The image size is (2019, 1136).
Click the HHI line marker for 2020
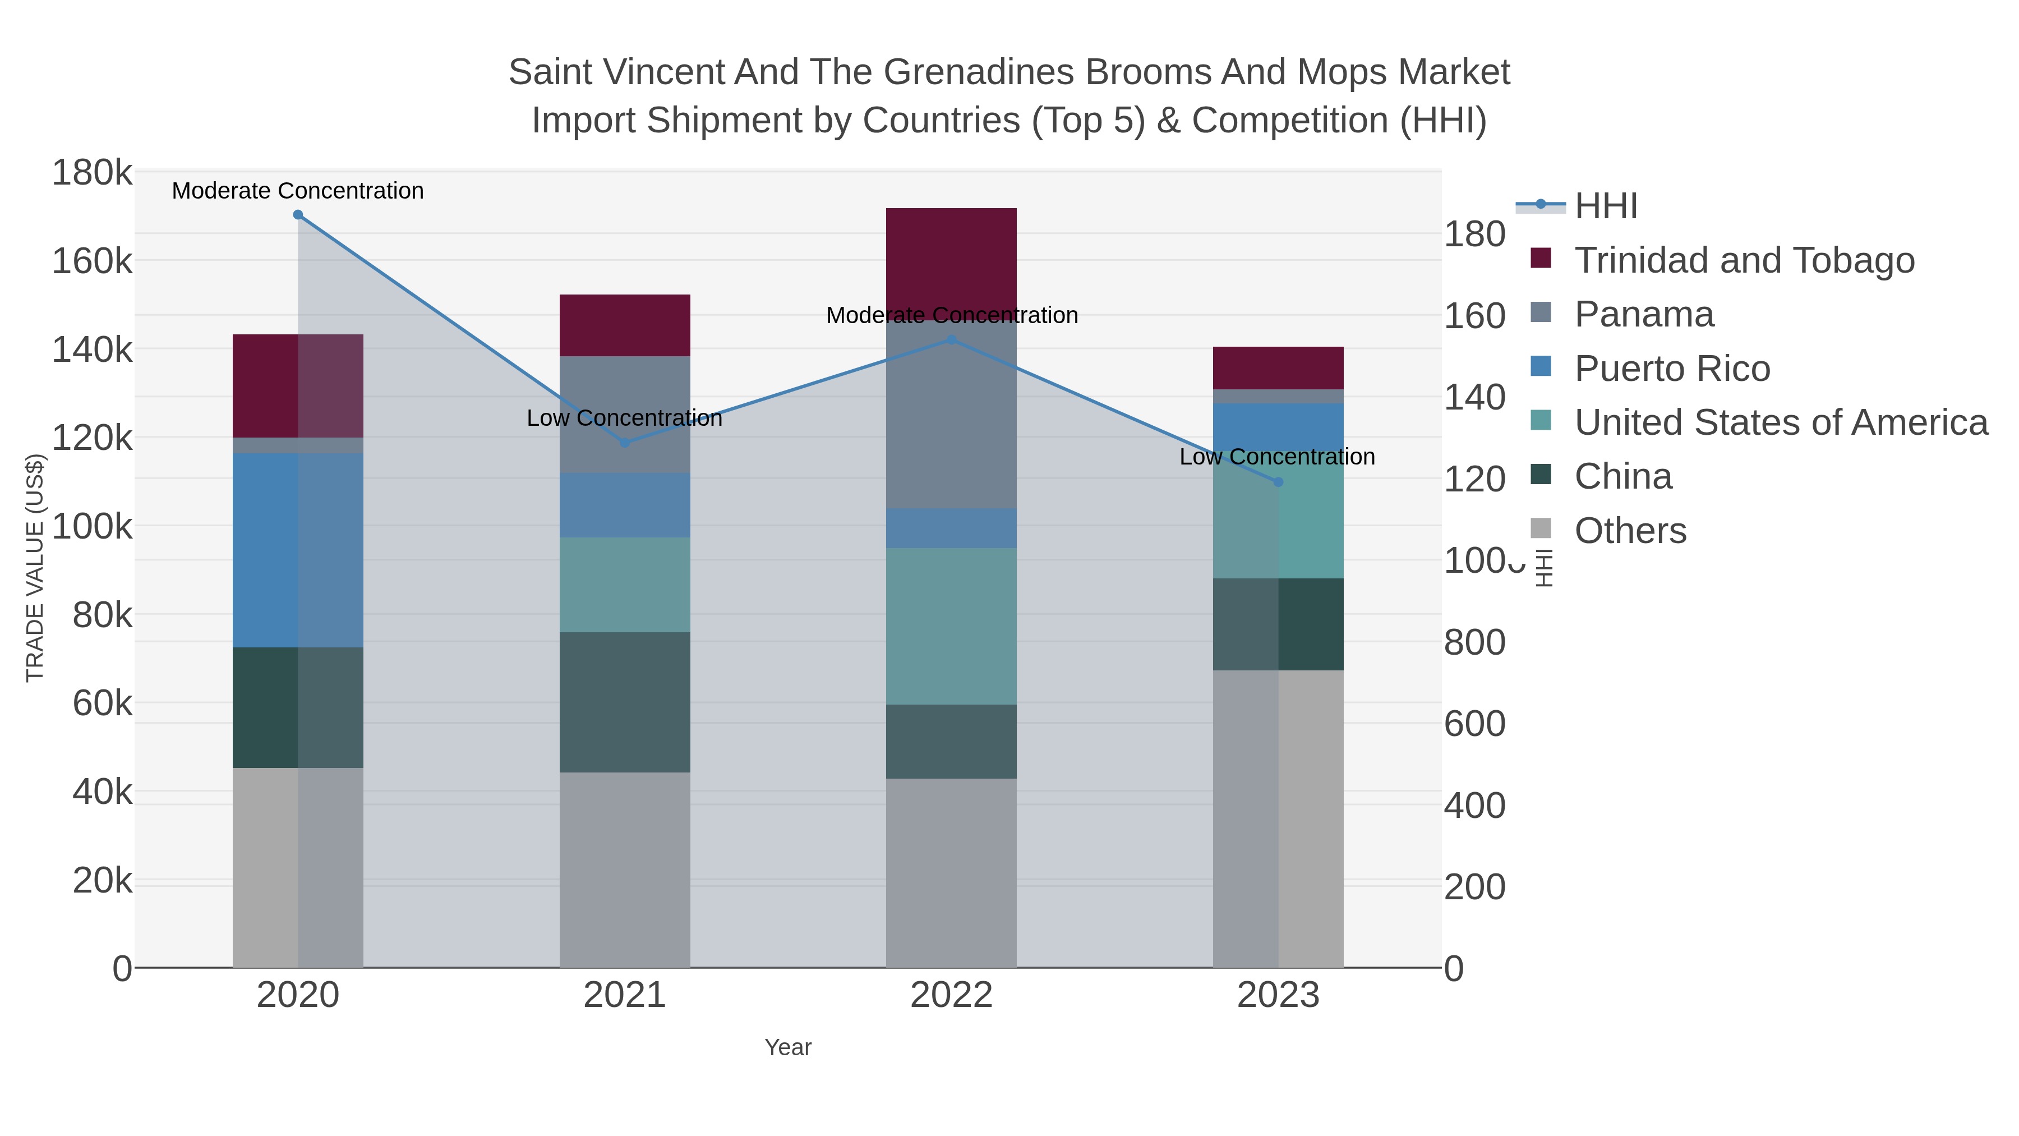point(298,215)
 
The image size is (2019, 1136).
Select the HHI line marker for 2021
point(625,443)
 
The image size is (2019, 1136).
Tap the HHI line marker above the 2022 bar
point(952,341)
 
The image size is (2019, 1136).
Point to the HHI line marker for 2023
point(1278,482)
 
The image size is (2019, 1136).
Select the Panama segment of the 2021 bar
point(625,414)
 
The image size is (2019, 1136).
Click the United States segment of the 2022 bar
point(952,626)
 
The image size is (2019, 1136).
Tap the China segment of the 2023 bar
point(1278,624)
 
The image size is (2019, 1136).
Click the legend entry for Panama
point(1644,314)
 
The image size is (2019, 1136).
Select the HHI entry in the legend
point(1605,206)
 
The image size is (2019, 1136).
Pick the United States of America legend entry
point(1780,422)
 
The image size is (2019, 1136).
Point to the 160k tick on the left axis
point(92,261)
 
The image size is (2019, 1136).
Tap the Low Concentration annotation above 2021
point(625,418)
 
